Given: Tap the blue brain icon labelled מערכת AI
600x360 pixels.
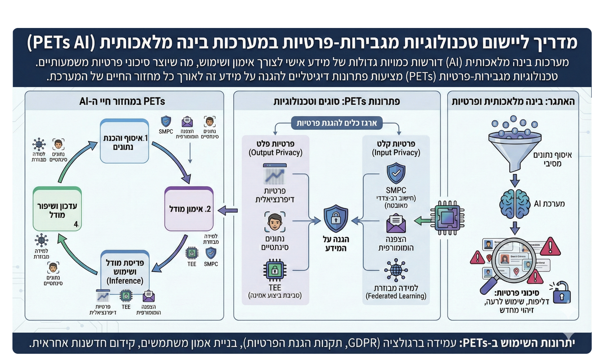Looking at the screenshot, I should pos(515,204).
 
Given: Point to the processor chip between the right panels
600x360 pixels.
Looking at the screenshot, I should pos(447,218).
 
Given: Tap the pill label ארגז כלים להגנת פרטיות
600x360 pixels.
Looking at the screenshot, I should pos(337,123).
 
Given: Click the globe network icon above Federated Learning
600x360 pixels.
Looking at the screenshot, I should pos(396,270).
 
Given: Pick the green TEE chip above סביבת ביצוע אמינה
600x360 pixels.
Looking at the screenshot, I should pos(275,271).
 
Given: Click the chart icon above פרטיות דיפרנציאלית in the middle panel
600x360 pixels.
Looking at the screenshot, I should pos(275,174).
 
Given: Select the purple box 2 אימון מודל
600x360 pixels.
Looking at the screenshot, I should pos(189,209).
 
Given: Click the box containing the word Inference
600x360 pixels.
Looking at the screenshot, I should pos(125,272).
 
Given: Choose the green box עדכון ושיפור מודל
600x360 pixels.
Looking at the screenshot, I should pos(57,209).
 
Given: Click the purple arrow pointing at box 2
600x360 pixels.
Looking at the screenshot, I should pos(228,210).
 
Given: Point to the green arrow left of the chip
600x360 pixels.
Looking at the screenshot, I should pos(422,220).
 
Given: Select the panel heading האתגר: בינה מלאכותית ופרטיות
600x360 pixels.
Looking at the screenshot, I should pos(513,101).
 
